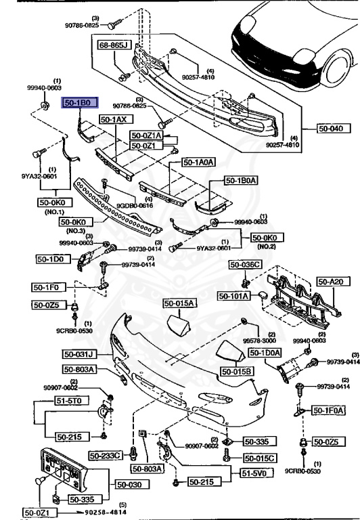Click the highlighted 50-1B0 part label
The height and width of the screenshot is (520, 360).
81,103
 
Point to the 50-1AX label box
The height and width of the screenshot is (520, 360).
114,119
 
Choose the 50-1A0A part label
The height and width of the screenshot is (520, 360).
199,162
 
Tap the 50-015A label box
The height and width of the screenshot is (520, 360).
177,303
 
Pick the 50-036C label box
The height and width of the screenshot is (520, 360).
244,265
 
